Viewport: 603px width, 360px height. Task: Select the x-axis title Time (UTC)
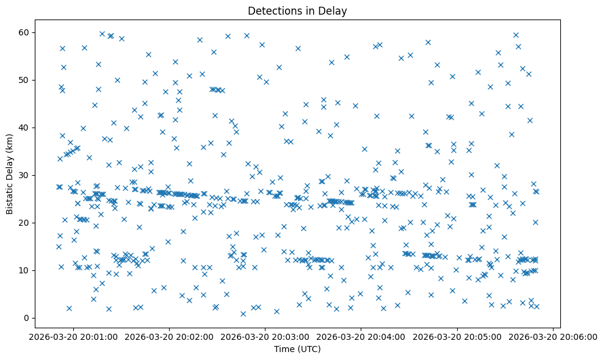297,349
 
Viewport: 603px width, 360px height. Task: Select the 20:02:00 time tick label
169,337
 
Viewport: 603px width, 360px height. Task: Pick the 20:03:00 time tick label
265,337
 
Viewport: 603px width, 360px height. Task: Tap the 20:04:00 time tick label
361,337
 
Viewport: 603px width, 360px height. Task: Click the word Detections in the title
272,10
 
